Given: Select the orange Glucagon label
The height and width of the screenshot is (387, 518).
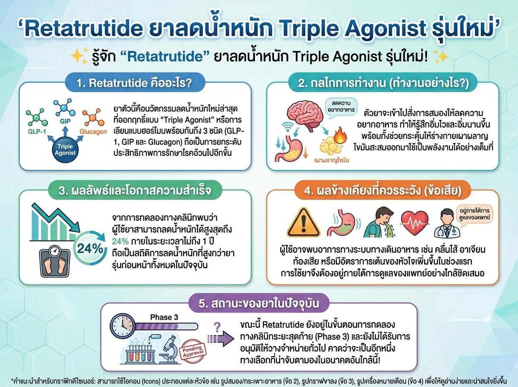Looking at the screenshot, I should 92,132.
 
